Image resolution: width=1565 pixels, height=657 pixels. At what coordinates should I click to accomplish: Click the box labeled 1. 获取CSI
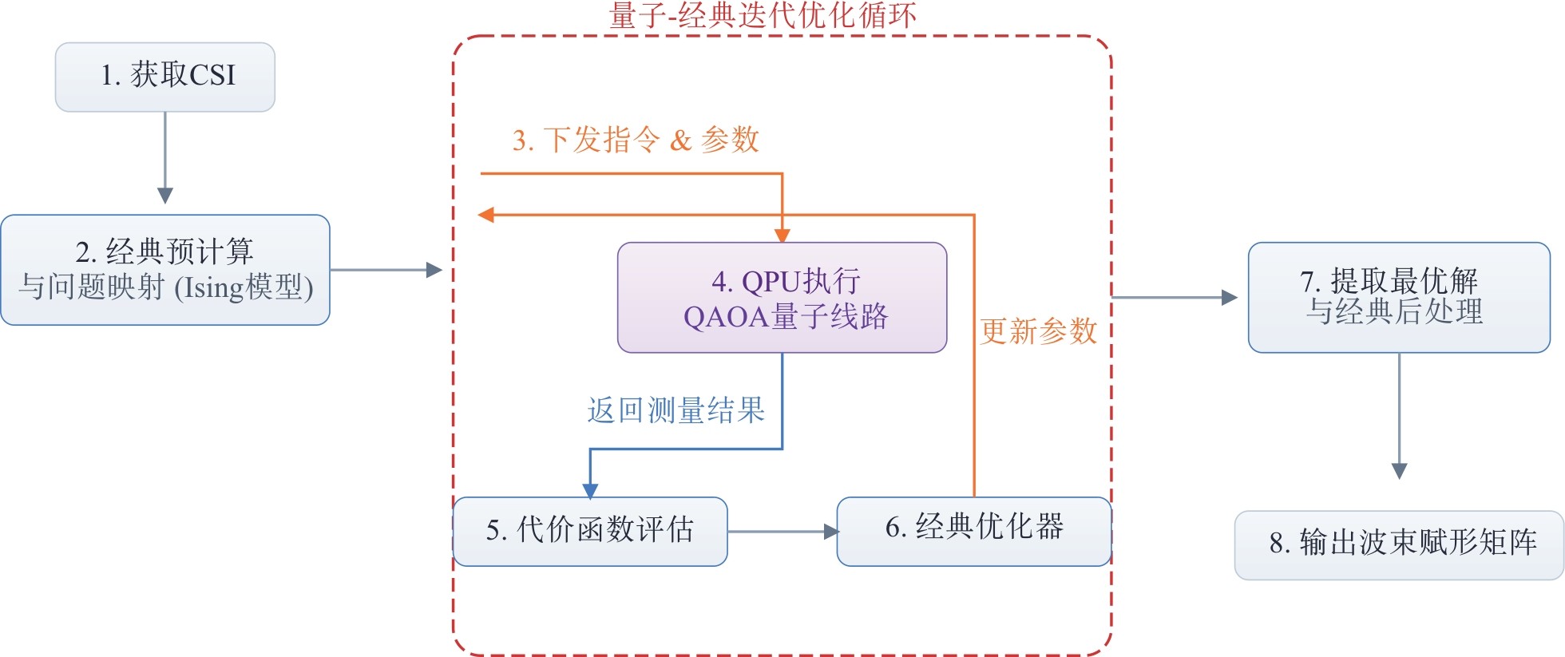pos(165,77)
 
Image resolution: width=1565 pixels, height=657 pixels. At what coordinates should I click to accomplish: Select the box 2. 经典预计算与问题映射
pos(165,269)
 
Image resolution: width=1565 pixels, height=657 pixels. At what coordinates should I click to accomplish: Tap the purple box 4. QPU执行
pos(782,297)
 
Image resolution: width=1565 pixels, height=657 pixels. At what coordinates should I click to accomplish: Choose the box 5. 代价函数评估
pos(590,531)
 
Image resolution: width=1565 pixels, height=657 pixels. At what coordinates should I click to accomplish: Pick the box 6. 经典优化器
pos(974,531)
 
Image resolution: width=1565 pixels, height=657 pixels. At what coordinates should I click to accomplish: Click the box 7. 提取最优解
pos(1398,297)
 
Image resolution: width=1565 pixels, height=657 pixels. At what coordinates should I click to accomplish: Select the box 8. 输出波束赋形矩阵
pos(1398,544)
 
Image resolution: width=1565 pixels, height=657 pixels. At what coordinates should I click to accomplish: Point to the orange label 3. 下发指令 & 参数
pos(635,141)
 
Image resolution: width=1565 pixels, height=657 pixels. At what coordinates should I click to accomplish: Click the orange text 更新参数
pos(1039,331)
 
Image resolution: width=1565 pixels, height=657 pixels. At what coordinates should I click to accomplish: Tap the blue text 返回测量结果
pos(676,410)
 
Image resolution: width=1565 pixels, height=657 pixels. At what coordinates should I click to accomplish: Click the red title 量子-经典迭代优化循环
pos(763,16)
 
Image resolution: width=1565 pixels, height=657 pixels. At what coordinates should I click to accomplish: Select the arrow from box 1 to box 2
pos(165,156)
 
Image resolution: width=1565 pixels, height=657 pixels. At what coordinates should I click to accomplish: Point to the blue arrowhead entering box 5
pos(590,490)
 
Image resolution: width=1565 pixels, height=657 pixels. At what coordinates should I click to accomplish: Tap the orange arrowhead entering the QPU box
pos(782,235)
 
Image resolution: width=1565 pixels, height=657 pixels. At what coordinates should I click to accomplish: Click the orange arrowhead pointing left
pos(485,215)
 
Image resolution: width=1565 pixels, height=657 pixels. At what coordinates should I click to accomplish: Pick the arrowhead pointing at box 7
pos(1230,298)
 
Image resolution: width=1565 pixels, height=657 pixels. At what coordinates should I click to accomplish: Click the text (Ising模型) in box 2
pos(244,287)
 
